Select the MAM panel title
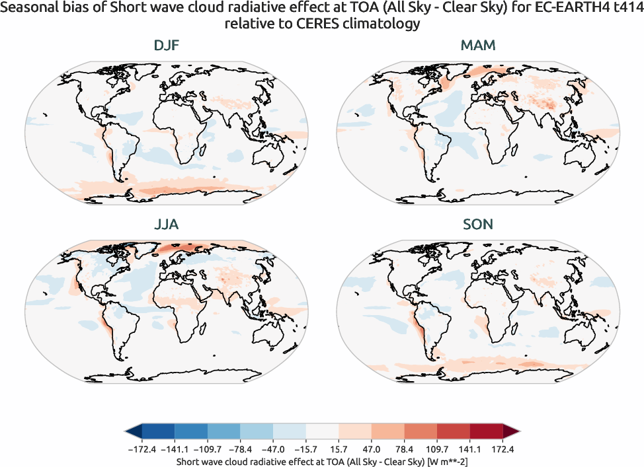477,46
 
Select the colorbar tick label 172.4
503,449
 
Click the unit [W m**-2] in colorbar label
448,460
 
